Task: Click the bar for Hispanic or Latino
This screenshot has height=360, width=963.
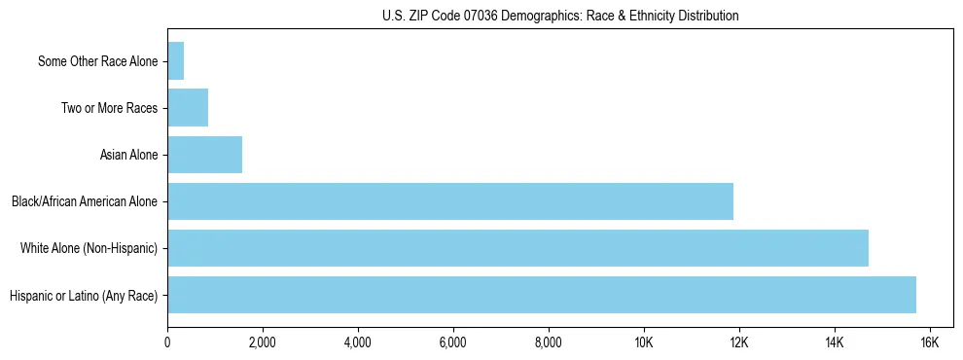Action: coord(542,295)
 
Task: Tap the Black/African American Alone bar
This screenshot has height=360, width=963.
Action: coord(450,201)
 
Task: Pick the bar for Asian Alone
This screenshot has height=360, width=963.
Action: coord(204,155)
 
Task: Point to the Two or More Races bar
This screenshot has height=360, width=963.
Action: coord(188,108)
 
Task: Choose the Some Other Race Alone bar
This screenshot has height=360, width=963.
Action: coord(176,61)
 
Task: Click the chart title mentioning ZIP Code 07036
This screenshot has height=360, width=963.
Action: coord(560,16)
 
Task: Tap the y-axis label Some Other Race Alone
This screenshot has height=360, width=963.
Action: coord(97,61)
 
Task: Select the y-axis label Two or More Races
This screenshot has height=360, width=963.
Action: coord(109,108)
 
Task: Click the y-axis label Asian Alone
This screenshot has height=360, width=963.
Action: coord(128,155)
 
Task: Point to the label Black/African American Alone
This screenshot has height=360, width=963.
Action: coord(85,201)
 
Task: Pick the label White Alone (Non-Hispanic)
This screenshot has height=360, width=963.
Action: coord(89,248)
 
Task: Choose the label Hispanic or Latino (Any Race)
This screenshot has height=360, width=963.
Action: coord(84,295)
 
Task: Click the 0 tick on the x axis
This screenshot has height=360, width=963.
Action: coord(167,342)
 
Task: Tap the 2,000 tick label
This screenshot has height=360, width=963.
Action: coord(263,342)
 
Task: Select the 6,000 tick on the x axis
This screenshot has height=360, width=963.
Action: coord(453,342)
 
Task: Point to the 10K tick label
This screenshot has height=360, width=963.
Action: coord(644,342)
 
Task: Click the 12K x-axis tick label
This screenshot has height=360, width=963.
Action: coord(739,342)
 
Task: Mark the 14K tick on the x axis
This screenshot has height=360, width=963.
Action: coord(835,342)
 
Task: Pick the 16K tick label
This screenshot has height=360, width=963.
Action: coord(929,342)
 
